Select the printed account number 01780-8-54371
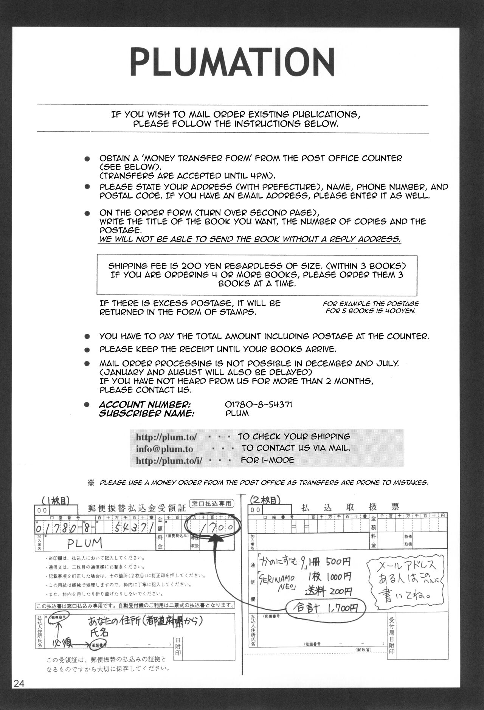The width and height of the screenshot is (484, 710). coord(258,405)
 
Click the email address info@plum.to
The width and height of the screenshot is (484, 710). coord(164,449)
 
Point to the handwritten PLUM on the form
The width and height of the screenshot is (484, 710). coord(85,543)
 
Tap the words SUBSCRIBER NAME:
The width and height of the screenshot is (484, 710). coord(147,414)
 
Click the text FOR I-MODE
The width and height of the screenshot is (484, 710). coord(267,460)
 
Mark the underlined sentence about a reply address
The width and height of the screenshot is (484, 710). coord(250,239)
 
